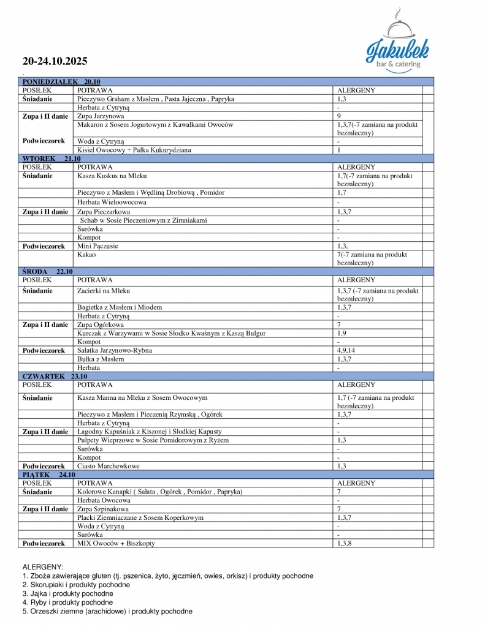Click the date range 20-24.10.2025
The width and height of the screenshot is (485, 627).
(x=55, y=61)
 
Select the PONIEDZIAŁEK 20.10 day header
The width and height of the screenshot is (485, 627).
(x=61, y=81)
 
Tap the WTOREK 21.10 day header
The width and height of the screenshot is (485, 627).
(x=52, y=159)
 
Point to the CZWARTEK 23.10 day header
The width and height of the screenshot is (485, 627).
(x=55, y=377)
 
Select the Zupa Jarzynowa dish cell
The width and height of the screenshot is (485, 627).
(x=101, y=116)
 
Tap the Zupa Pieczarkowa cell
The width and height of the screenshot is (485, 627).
(x=104, y=212)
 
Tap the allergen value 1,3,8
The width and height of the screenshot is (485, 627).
(x=345, y=543)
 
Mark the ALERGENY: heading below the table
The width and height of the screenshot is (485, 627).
(x=43, y=568)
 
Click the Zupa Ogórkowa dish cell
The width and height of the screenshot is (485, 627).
(x=101, y=325)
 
